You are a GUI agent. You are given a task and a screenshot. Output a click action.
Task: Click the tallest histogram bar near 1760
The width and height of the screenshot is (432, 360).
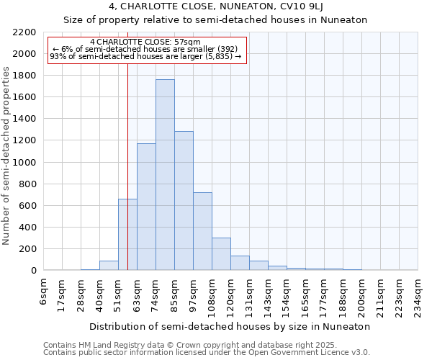click(165, 175)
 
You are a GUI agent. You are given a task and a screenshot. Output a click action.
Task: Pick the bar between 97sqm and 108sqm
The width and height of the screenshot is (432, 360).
click(202, 231)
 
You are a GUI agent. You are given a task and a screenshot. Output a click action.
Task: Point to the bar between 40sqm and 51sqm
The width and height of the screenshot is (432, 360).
click(109, 266)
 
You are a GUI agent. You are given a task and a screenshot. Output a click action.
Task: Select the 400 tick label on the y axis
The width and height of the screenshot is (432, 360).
click(27, 228)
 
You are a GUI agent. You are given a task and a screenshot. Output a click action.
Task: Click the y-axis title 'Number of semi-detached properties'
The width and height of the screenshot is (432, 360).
click(7, 156)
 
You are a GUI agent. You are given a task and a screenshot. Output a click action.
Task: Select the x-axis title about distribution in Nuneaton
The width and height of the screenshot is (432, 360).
click(230, 326)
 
